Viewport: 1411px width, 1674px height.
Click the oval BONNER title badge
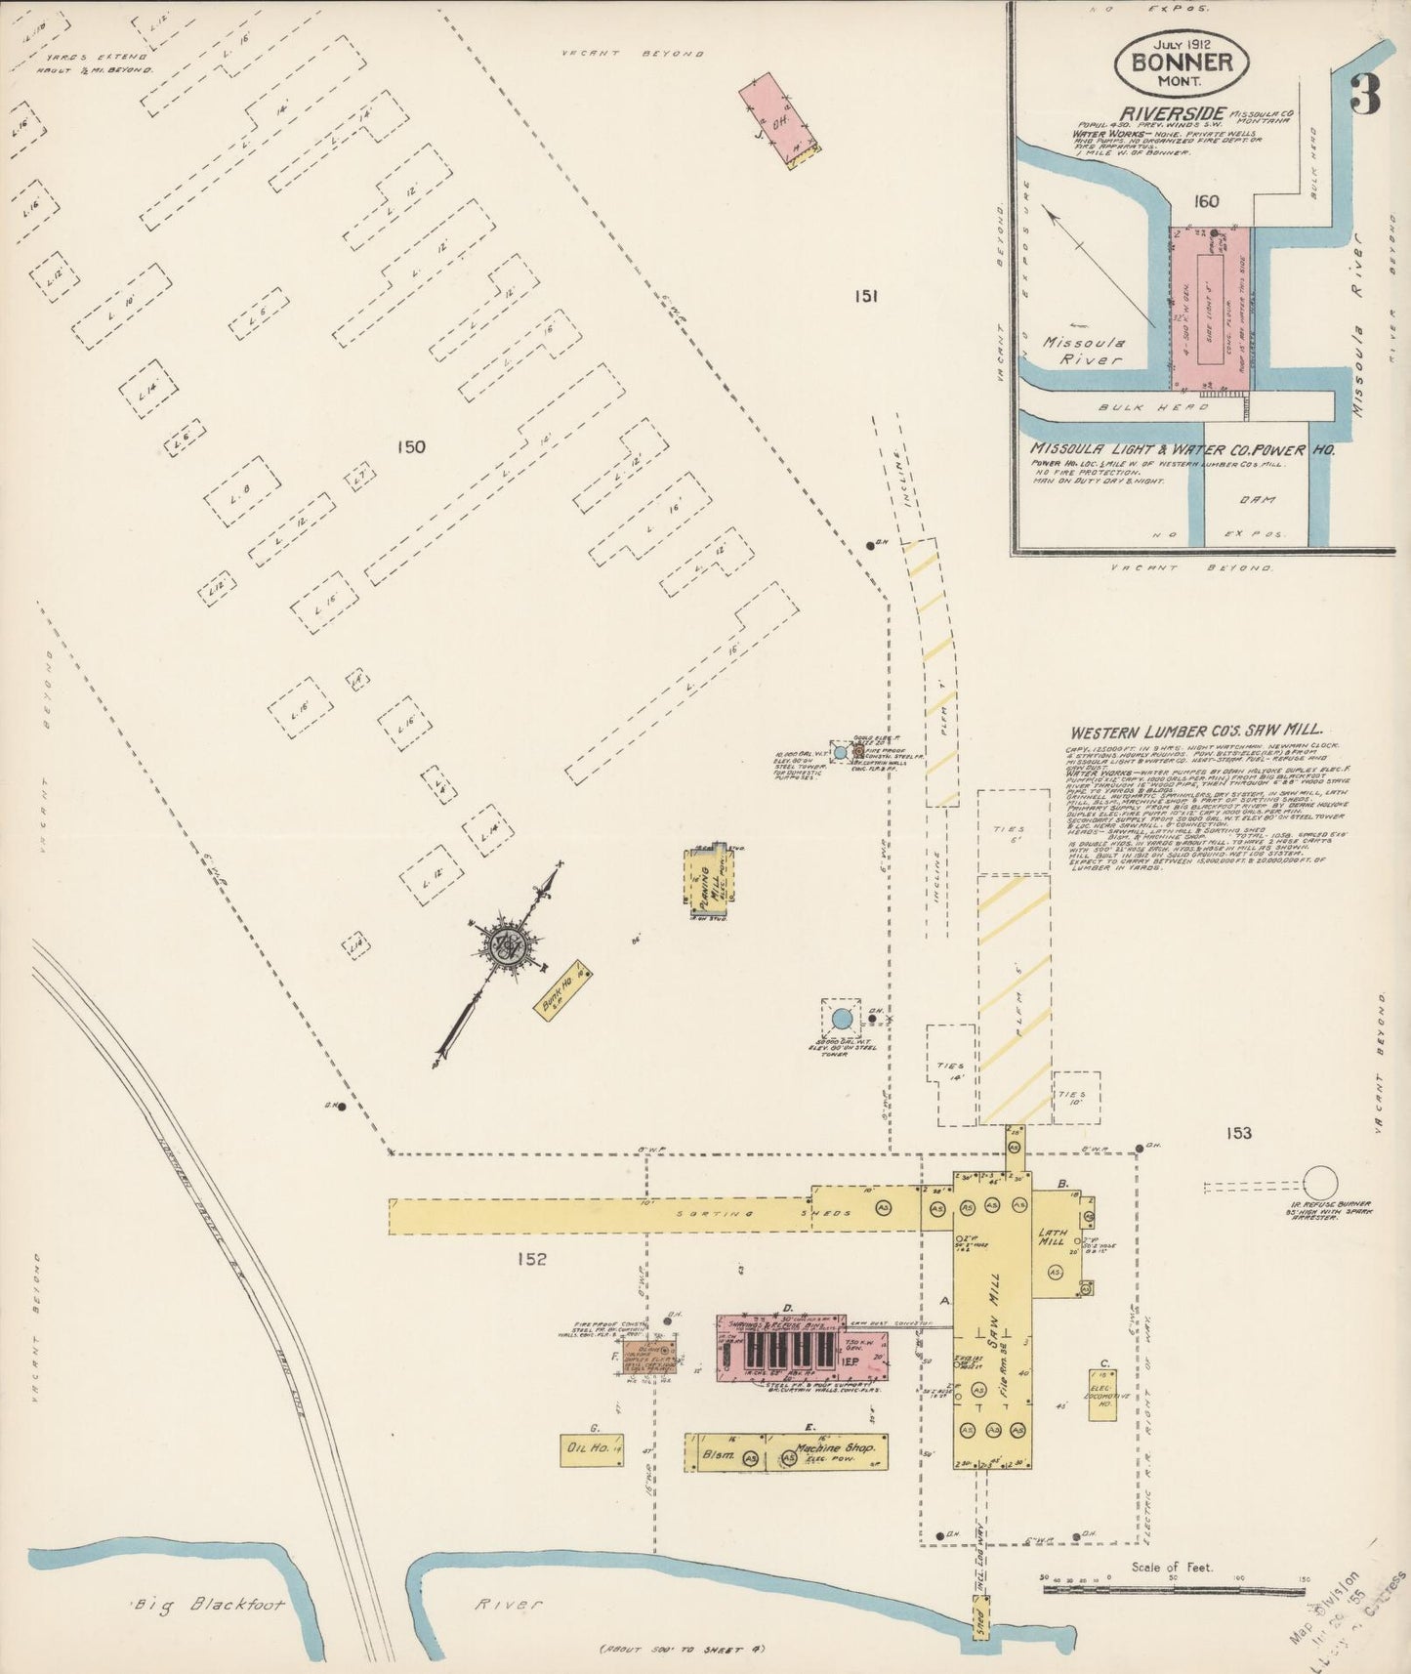point(1181,62)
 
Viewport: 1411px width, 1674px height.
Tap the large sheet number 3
point(1365,95)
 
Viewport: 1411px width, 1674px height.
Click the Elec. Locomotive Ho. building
point(1102,1394)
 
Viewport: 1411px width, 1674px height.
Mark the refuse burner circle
point(1320,1182)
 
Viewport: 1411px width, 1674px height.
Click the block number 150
point(411,447)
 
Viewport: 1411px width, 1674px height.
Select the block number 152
point(533,1259)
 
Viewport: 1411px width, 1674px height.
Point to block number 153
point(1239,1133)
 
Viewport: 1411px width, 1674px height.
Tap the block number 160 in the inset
point(1206,202)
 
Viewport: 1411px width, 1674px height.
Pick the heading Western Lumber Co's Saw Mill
point(1195,731)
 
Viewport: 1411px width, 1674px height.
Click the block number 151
point(865,295)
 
